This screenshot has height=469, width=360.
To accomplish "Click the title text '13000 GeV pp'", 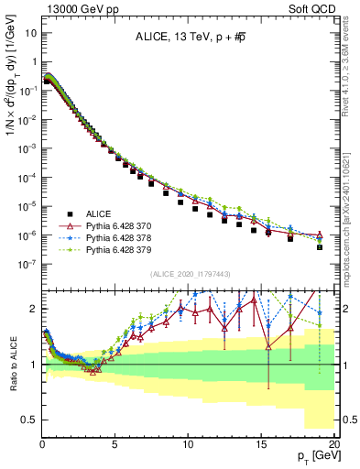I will tap(72, 8).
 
